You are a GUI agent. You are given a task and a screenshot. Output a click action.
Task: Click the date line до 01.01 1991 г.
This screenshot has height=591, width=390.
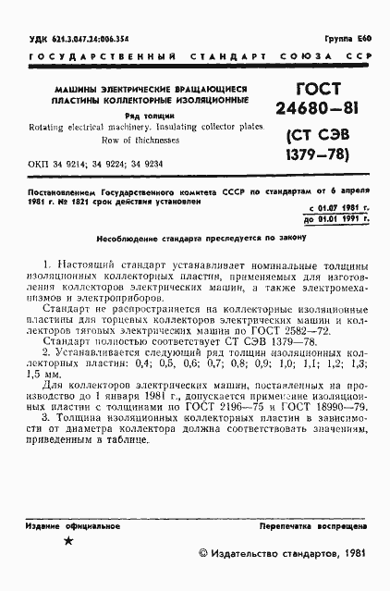point(336,220)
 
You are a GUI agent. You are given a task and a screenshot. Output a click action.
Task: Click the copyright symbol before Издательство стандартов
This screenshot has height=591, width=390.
point(205,554)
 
